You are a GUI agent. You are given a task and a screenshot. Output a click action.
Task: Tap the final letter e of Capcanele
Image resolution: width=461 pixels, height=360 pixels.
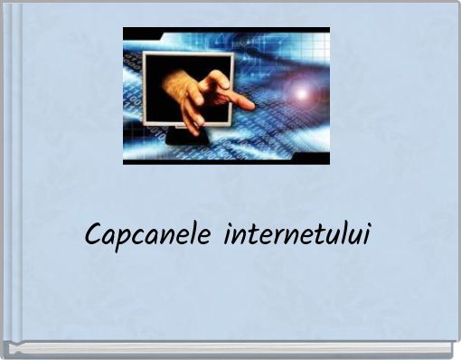click(x=208, y=238)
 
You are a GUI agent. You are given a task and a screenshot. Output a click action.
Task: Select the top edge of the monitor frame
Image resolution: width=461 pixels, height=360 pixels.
click(x=187, y=55)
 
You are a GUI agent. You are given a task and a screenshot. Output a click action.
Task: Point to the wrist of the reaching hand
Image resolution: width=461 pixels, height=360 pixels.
click(x=171, y=86)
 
